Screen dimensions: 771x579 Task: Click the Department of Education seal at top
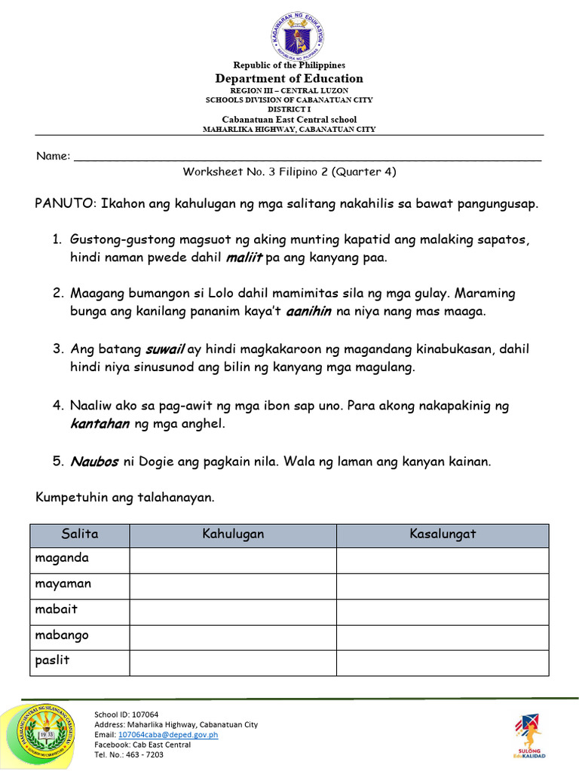pyautogui.click(x=297, y=35)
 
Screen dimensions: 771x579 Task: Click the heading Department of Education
pyautogui.click(x=289, y=78)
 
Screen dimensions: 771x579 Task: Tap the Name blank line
pyautogui.click(x=308, y=158)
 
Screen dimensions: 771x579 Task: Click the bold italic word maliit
pyautogui.click(x=244, y=258)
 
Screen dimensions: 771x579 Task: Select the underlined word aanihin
pyautogui.click(x=309, y=312)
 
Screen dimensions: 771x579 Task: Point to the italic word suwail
pyautogui.click(x=164, y=349)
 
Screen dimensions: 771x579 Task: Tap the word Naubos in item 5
pyautogui.click(x=94, y=462)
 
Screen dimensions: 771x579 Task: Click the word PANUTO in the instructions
pyautogui.click(x=64, y=204)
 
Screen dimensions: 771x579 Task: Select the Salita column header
pyautogui.click(x=80, y=535)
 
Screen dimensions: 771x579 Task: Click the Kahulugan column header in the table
pyautogui.click(x=233, y=535)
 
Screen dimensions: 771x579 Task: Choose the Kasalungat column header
pyautogui.click(x=443, y=535)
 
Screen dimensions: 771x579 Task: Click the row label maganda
pyautogui.click(x=63, y=559)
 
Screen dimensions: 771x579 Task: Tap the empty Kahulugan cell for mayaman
pyautogui.click(x=233, y=585)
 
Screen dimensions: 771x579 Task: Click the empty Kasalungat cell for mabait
pyautogui.click(x=443, y=611)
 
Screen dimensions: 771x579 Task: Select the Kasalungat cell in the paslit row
pyautogui.click(x=443, y=662)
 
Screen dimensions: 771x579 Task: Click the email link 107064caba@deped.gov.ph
pyautogui.click(x=167, y=734)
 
